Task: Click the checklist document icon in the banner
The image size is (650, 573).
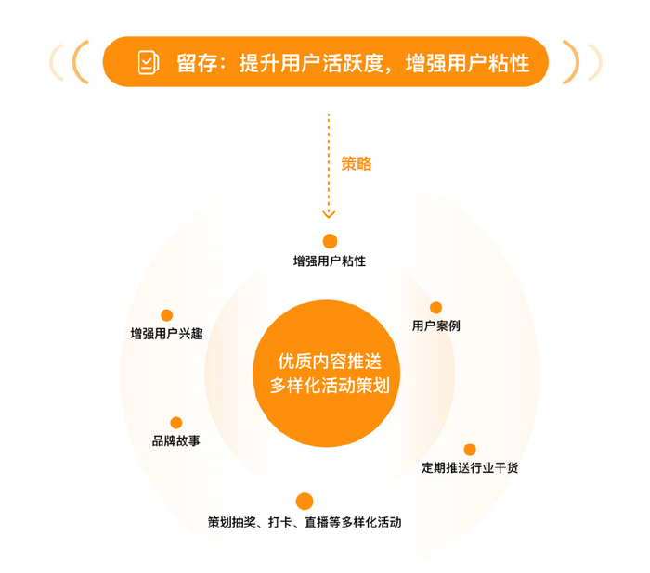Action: point(148,62)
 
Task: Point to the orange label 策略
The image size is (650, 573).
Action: point(356,163)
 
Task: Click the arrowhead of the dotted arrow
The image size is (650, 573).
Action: point(329,214)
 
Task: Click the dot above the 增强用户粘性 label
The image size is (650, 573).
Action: point(329,240)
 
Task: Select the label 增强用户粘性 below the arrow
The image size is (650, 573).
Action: point(329,261)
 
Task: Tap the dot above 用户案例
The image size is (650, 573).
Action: point(435,308)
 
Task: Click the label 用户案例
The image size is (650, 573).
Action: point(435,326)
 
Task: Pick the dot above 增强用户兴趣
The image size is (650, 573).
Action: point(167,315)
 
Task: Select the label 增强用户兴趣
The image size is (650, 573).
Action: point(166,334)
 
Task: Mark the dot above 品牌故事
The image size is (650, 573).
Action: point(176,423)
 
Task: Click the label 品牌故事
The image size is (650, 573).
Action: point(176,441)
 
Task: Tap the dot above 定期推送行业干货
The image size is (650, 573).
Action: point(470,450)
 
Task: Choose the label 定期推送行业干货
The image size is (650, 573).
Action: point(470,467)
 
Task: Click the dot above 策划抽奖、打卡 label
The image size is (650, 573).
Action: point(304,501)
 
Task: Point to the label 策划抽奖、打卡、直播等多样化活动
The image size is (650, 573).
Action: point(305,523)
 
